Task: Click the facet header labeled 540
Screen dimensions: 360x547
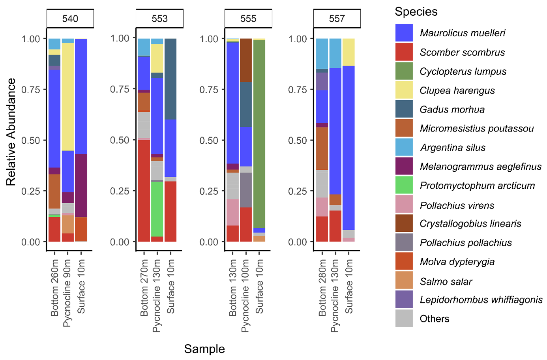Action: click(70, 19)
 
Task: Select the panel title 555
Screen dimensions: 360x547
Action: click(248, 19)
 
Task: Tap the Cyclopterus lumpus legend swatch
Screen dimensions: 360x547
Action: click(404, 71)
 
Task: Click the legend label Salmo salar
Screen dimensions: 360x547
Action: click(446, 281)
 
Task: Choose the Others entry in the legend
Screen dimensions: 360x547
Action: click(434, 319)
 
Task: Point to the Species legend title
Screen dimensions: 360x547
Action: click(416, 11)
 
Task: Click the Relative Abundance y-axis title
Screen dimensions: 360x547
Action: click(11, 132)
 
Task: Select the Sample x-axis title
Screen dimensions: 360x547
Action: click(204, 349)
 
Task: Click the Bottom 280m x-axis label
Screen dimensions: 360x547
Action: click(322, 287)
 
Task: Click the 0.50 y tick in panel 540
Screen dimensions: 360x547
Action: click(31, 141)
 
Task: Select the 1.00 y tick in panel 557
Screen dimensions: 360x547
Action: click(298, 39)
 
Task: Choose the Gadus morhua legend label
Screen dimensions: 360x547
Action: click(452, 109)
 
